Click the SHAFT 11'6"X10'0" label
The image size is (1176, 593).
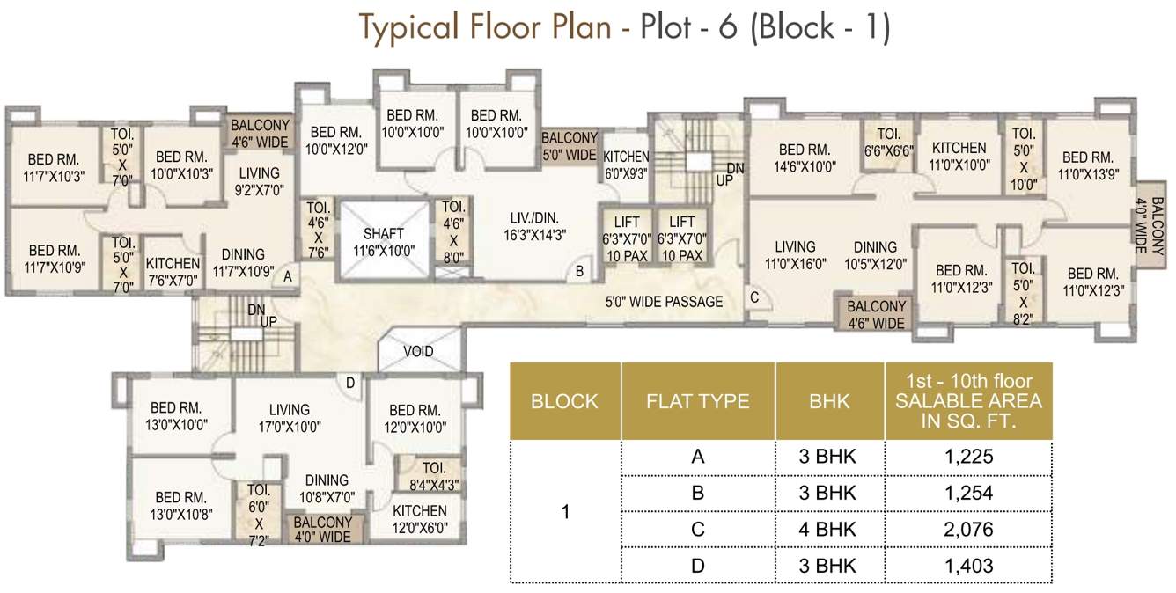[383, 242]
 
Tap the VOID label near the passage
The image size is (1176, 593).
[418, 351]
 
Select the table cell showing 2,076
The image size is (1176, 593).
[968, 529]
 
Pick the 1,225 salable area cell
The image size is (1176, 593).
[968, 457]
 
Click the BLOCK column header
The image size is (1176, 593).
[564, 401]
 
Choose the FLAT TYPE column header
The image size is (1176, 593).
[697, 401]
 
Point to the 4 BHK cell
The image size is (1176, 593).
[829, 529]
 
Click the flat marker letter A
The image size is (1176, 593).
[286, 276]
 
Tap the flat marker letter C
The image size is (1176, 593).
[754, 297]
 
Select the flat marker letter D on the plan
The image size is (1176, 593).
[349, 382]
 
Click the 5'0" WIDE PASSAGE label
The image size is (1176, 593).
[664, 302]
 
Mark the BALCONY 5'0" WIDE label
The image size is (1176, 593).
[569, 146]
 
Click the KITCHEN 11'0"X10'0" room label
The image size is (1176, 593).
[959, 156]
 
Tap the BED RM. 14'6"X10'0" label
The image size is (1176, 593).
[805, 157]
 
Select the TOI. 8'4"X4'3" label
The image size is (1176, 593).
[434, 476]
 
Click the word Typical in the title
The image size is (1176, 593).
[410, 27]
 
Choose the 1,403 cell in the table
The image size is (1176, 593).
[968, 566]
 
